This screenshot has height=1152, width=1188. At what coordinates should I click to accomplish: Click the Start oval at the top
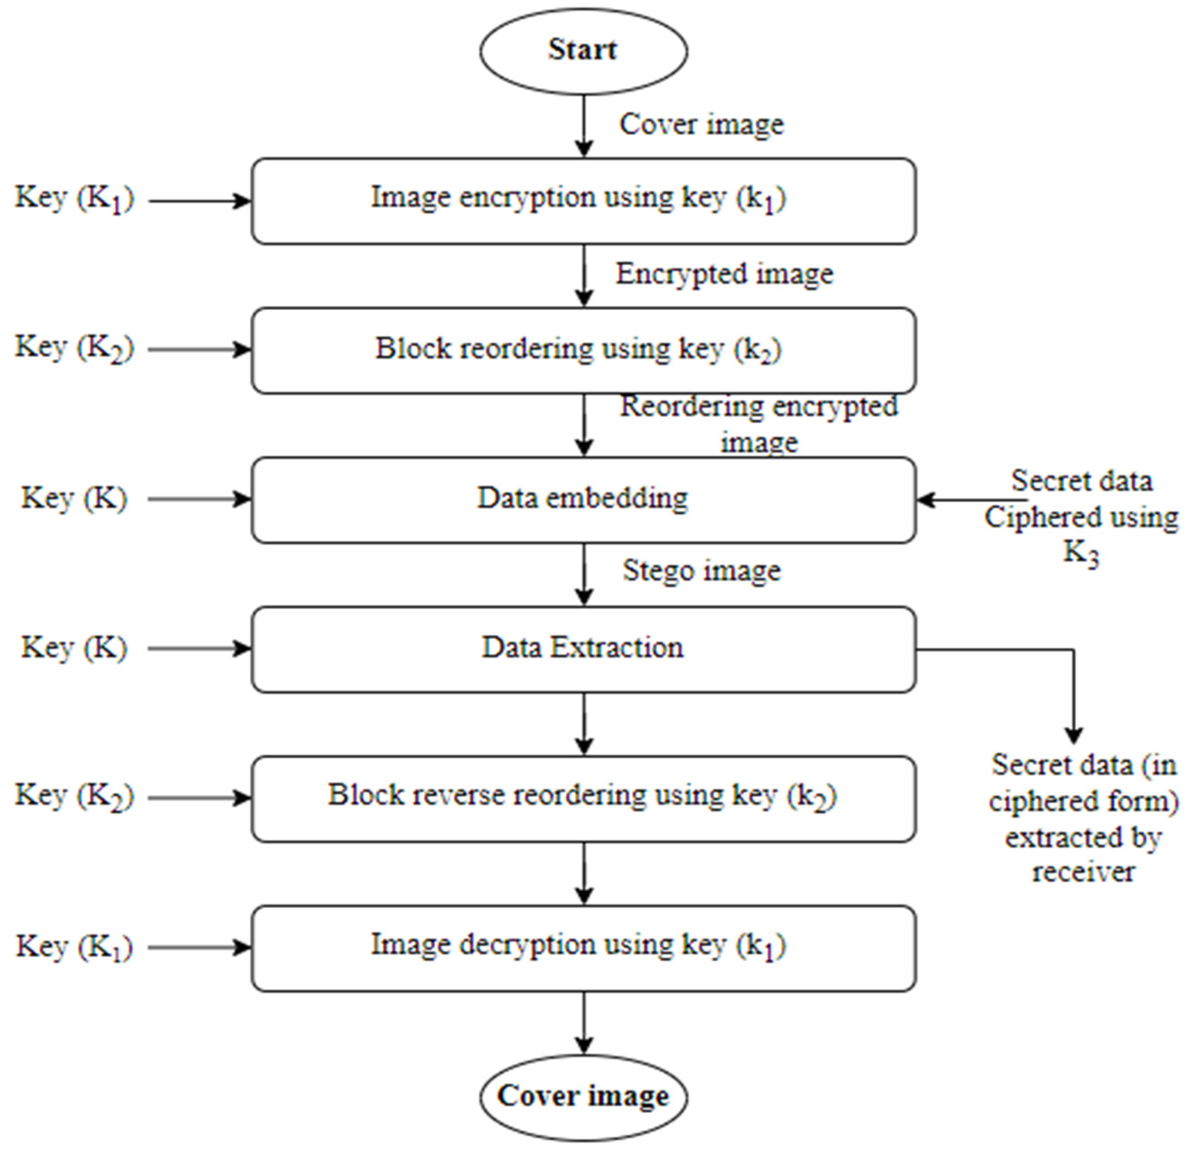pos(583,51)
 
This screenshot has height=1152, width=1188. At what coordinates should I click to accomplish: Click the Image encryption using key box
pos(583,201)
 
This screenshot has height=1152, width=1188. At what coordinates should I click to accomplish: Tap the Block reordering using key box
pos(583,351)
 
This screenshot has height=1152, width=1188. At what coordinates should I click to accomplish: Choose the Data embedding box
pos(583,500)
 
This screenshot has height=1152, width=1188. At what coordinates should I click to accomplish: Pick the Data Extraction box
pos(583,649)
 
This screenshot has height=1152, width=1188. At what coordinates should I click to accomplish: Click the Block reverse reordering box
pos(583,798)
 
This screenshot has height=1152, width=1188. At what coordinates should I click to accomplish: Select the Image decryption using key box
pos(583,948)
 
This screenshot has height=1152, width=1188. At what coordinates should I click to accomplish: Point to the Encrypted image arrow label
pos(724,274)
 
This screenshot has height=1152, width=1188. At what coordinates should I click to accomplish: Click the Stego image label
pos(701,571)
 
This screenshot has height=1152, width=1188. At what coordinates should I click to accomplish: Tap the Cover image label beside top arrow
pos(701,125)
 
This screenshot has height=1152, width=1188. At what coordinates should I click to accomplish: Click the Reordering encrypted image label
pos(758,424)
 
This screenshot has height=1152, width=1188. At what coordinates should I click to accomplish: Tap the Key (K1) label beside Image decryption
pos(74,947)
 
